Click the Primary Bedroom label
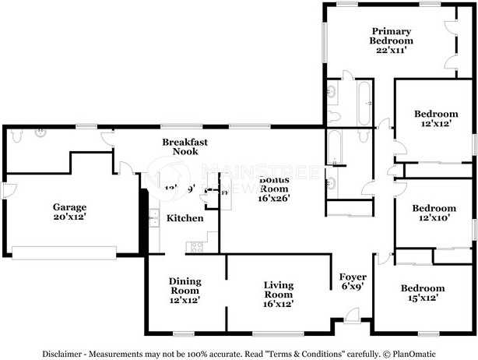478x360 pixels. (391, 36)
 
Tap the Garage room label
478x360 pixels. (69, 207)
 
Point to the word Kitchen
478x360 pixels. (185, 218)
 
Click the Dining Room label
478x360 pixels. (185, 286)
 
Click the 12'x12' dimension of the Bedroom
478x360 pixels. (434, 125)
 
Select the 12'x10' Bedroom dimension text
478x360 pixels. (434, 219)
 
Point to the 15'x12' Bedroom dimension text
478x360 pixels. (423, 298)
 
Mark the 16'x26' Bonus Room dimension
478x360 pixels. (274, 199)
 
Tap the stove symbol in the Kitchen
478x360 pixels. (194, 247)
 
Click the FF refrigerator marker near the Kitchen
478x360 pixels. (225, 192)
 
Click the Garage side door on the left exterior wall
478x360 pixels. (5, 190)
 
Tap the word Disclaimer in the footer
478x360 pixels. (64, 352)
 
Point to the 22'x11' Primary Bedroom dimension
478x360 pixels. (391, 50)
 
